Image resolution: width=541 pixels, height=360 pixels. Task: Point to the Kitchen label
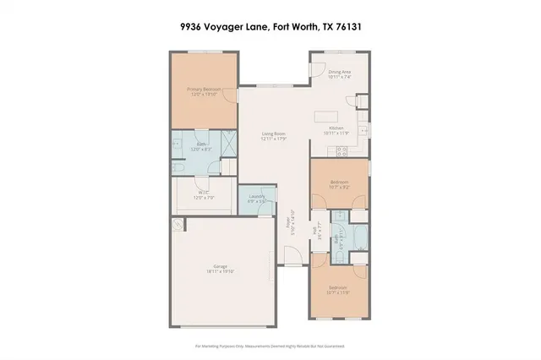click(x=336, y=130)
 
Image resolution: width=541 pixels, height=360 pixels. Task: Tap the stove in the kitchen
click(x=342, y=152)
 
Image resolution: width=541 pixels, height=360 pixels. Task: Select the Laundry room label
click(x=257, y=199)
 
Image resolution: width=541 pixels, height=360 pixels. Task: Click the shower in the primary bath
click(x=228, y=142)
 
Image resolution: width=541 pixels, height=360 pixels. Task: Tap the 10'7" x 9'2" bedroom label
click(x=340, y=184)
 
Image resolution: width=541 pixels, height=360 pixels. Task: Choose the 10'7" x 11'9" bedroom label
click(x=340, y=290)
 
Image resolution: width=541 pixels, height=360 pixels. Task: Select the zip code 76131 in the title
click(x=347, y=26)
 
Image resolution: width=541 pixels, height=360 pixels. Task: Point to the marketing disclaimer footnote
click(x=270, y=346)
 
